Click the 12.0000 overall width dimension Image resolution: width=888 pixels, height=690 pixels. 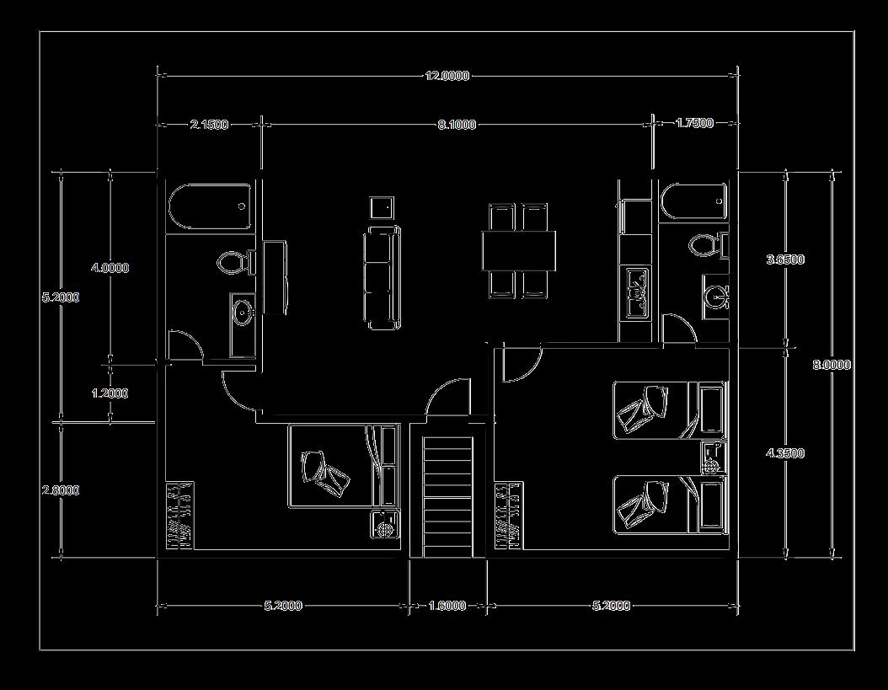point(447,76)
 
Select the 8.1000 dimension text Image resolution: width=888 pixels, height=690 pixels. point(457,125)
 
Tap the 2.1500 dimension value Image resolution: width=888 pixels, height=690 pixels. point(208,125)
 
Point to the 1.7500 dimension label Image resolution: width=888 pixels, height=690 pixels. point(694,123)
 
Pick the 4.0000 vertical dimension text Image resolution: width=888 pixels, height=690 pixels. point(110,268)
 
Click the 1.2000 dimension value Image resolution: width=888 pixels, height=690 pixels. point(110,393)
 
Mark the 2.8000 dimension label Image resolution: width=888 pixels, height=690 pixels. point(61,490)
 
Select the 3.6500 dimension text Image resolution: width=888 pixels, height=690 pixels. point(784,259)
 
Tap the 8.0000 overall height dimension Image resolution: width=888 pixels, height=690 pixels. point(832,365)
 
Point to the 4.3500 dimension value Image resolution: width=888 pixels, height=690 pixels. point(784,453)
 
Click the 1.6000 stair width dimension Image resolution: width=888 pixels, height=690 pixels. point(447,606)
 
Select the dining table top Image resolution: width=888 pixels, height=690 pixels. point(519,251)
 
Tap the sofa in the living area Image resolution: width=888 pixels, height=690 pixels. point(382,276)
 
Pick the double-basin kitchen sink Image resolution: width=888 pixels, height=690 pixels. point(634,292)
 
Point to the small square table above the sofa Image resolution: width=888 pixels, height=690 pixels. point(382,207)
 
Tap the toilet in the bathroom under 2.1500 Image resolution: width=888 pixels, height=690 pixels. point(234,262)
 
